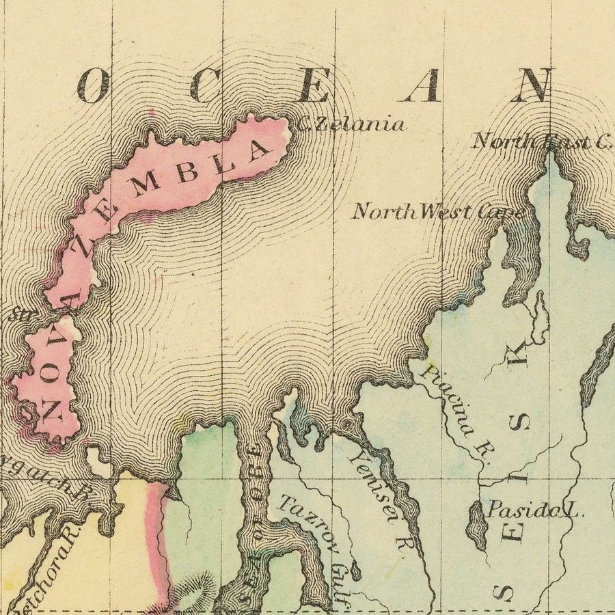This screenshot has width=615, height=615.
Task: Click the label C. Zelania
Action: tap(353, 125)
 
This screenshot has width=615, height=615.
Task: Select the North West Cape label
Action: tap(437, 211)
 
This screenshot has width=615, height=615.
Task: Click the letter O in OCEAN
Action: tap(93, 87)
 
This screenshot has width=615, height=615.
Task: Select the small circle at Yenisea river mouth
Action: tap(347, 425)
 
